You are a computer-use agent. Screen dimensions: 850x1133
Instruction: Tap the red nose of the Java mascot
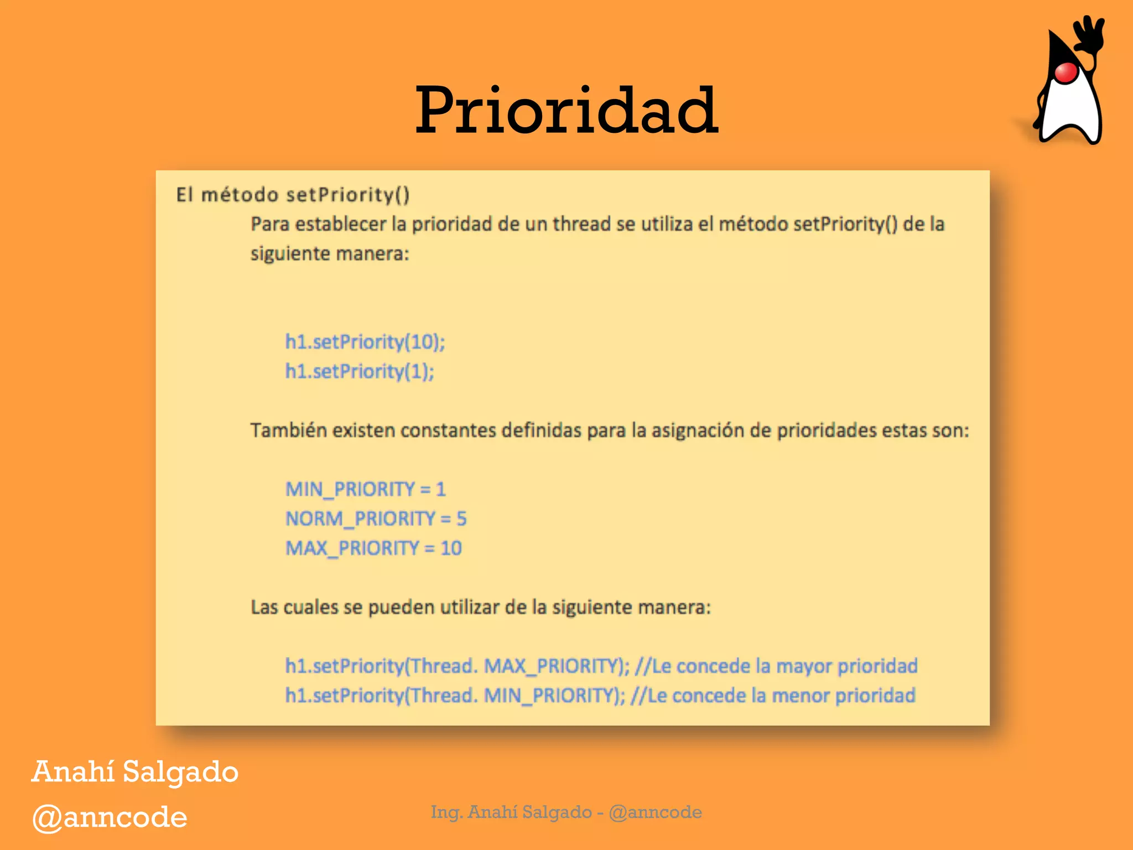click(1065, 72)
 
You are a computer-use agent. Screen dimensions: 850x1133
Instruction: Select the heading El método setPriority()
click(293, 195)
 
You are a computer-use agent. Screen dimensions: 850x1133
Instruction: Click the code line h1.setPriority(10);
click(365, 341)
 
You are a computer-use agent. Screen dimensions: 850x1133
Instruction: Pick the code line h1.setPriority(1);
click(360, 371)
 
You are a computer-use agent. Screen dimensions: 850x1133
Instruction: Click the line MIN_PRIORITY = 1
click(365, 489)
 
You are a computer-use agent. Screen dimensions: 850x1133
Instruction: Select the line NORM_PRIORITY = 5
click(376, 519)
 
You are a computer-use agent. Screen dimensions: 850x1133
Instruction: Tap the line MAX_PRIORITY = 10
click(373, 548)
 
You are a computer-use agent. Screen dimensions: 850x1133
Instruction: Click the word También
click(288, 430)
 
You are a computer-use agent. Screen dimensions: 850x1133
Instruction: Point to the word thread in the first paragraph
click(581, 224)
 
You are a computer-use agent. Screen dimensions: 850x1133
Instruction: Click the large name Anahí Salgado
click(135, 772)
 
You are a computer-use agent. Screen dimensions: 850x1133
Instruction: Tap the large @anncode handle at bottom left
click(110, 817)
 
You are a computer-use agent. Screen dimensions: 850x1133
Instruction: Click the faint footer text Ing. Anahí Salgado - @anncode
click(566, 812)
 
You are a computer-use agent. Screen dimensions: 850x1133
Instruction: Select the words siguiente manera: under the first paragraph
click(330, 253)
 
